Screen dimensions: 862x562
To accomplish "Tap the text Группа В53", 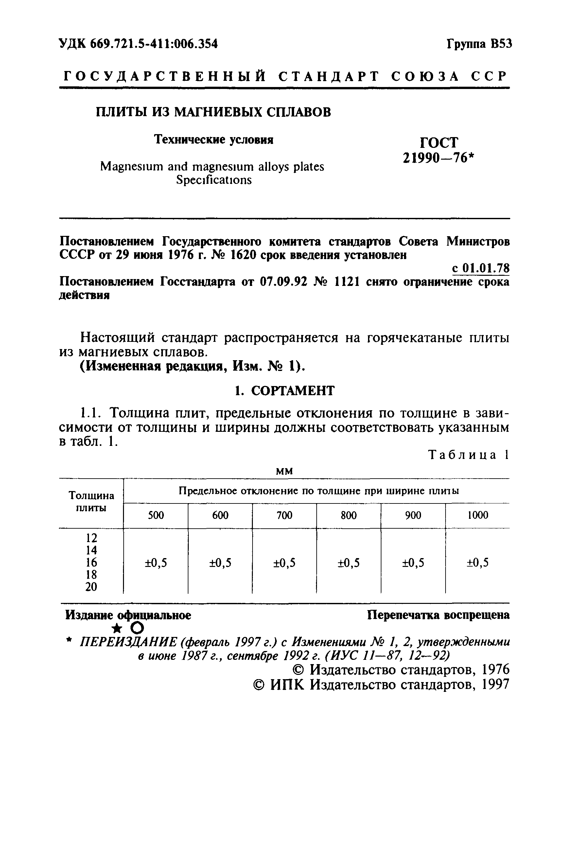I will click(480, 44).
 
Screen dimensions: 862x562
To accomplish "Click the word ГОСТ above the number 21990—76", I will click(439, 142).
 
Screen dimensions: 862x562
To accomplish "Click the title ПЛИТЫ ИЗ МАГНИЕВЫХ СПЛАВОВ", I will click(213, 112).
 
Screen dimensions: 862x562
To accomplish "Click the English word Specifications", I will click(214, 180).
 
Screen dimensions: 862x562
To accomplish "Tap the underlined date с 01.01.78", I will click(481, 268).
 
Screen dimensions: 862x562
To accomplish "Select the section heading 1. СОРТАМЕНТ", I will click(284, 391).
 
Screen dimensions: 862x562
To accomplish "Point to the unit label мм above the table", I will click(284, 471).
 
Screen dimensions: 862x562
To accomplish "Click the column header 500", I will click(156, 515).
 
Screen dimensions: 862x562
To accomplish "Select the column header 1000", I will click(478, 515).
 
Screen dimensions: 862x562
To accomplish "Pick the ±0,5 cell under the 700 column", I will click(284, 562).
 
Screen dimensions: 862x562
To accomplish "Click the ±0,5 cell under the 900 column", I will click(413, 562).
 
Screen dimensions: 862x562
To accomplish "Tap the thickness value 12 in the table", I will click(91, 538).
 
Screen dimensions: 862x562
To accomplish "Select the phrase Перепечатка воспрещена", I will click(438, 615).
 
